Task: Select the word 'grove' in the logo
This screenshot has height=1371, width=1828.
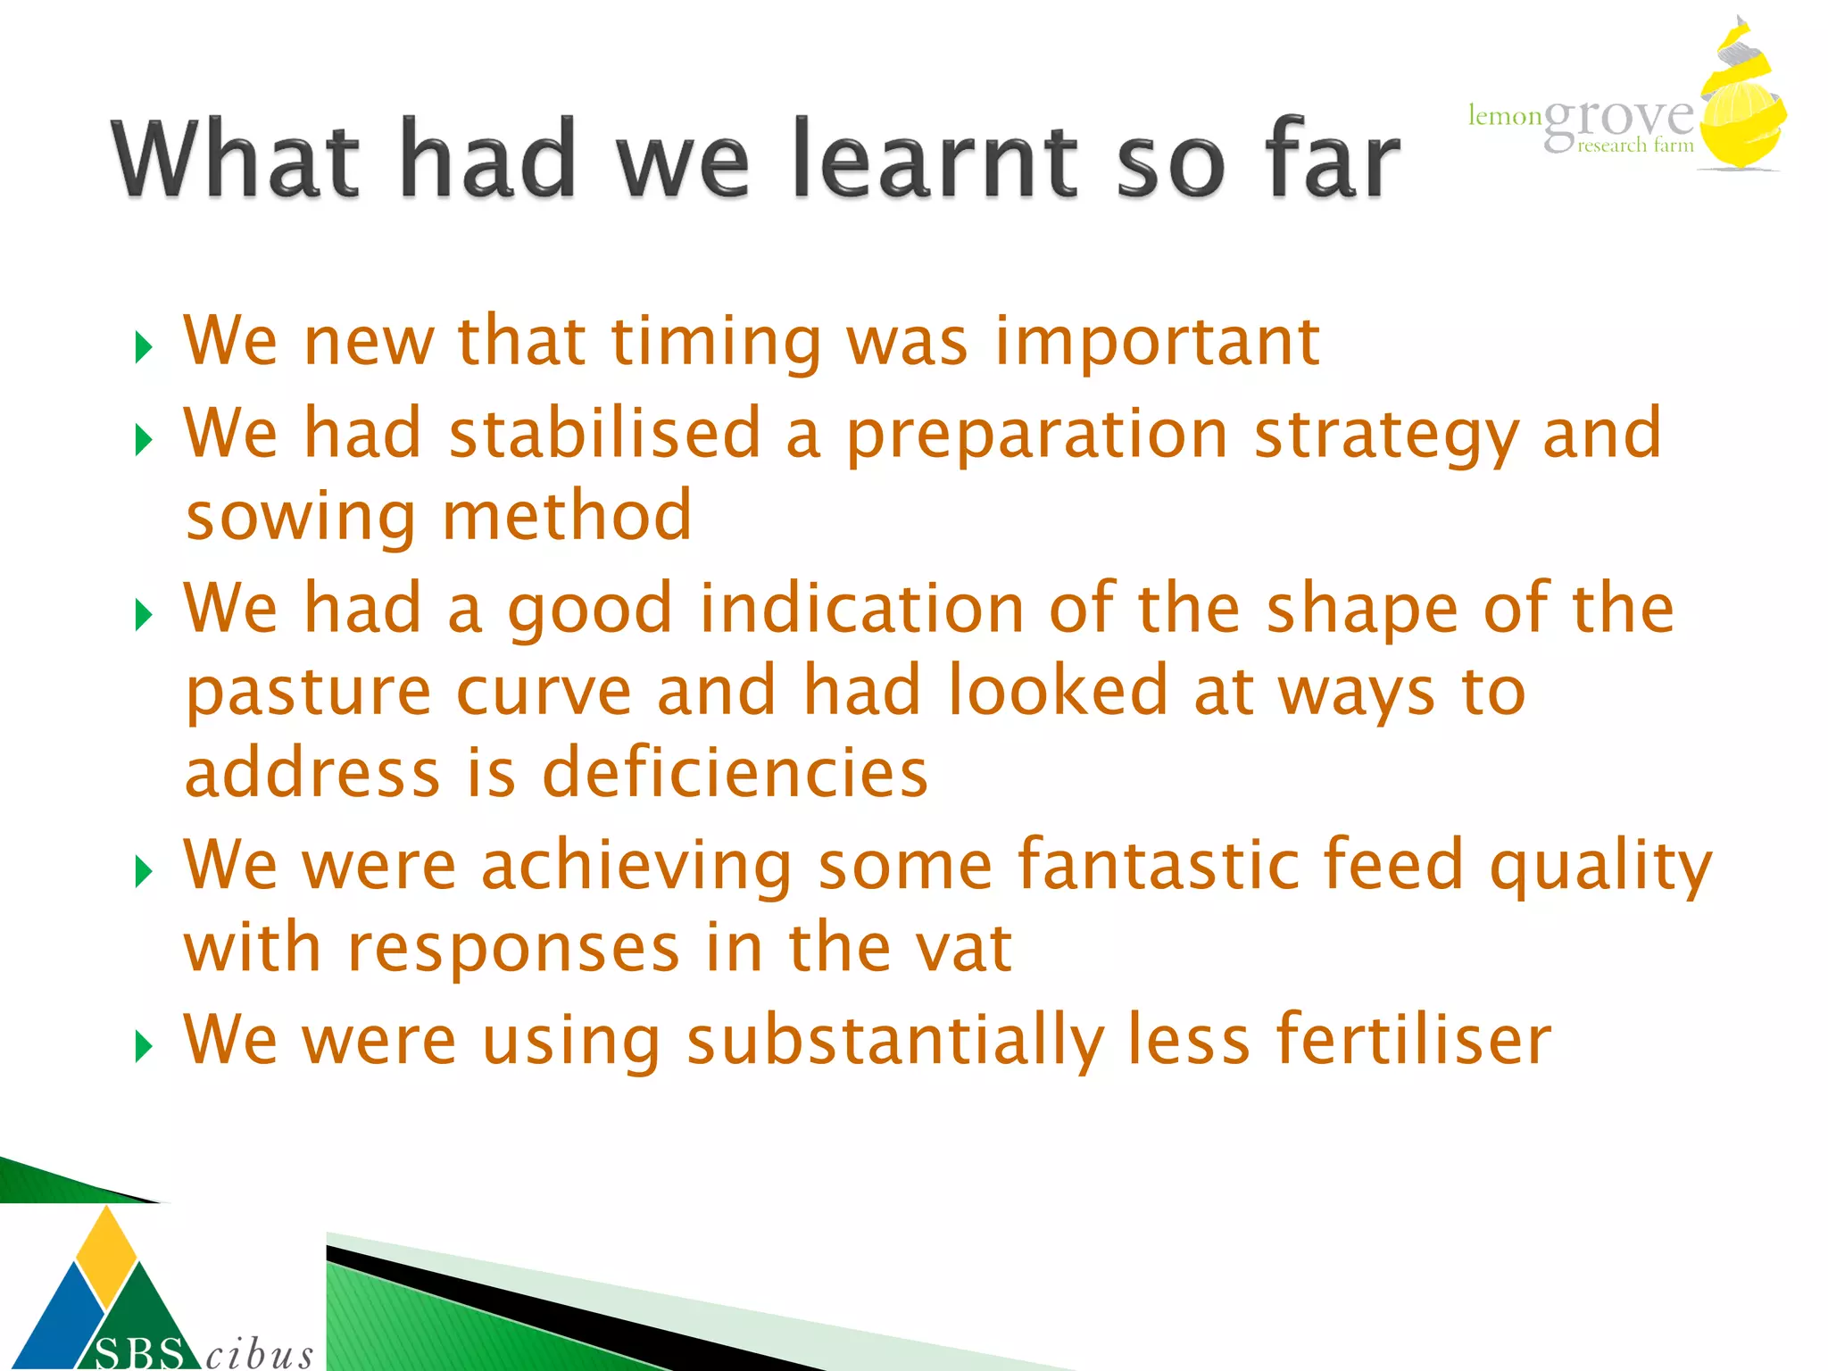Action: [x=1617, y=120]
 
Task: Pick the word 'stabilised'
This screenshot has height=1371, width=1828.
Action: [x=604, y=435]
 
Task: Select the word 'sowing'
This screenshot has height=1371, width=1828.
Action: [x=300, y=518]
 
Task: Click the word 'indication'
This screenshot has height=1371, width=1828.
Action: [x=860, y=610]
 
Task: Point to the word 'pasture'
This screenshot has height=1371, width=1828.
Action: [x=309, y=693]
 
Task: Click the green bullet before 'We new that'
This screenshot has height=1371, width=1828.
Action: [x=144, y=347]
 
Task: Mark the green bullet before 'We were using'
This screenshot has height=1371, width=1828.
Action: [x=144, y=1046]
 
